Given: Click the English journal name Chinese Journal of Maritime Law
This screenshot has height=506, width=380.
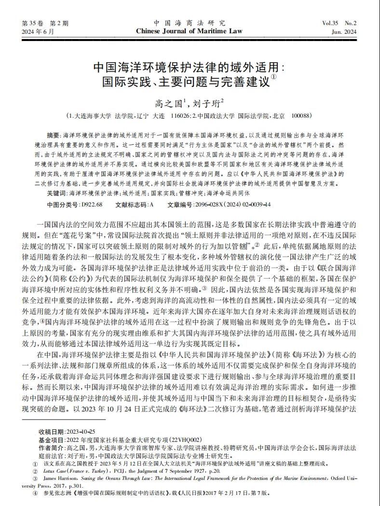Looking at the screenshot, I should click(190, 31).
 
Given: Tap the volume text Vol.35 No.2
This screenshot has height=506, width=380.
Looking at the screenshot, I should click(339, 23).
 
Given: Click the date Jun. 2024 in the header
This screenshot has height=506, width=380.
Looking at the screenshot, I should click(344, 32).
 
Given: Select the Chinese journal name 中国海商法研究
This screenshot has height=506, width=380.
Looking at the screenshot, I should click(190, 23).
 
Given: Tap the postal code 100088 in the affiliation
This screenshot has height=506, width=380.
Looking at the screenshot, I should click(301, 116).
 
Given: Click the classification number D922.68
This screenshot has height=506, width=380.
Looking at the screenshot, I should click(92, 205).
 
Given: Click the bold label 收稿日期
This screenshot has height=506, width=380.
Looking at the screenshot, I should click(49, 431).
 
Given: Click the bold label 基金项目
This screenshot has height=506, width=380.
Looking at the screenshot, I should click(49, 439).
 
